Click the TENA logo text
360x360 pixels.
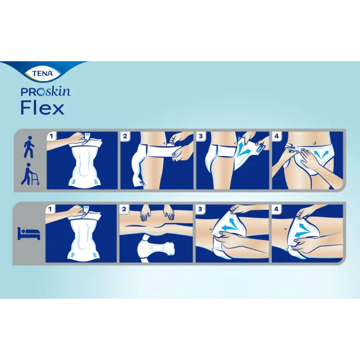[43, 74]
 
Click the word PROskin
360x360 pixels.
[45, 91]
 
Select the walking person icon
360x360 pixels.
[29, 147]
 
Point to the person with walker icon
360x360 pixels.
[30, 174]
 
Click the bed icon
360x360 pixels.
[29, 234]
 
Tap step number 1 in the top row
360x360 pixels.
[51, 136]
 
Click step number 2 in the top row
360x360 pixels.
[125, 136]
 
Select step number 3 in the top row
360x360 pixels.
[201, 136]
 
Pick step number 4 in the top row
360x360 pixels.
[277, 136]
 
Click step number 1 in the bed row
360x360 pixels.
[50, 209]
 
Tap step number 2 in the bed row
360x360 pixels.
[124, 209]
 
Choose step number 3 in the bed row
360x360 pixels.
[200, 209]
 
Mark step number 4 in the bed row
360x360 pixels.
[276, 209]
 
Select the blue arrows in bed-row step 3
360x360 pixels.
[230, 225]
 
